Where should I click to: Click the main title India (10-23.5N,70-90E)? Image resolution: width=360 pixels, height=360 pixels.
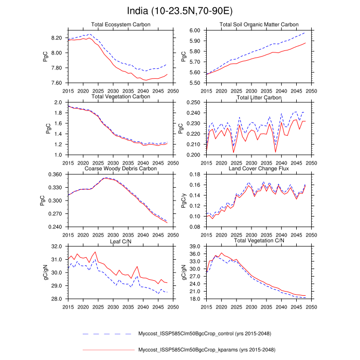point(180,11)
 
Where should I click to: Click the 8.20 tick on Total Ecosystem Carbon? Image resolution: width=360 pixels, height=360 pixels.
point(56,38)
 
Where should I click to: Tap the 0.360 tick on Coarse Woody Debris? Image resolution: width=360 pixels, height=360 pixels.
point(55,174)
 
